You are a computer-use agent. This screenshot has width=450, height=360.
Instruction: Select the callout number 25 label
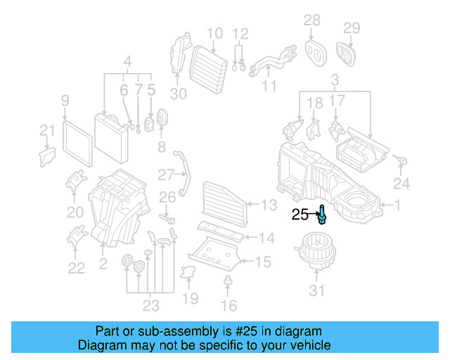point(300,215)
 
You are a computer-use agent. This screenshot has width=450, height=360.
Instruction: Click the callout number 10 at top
point(214,32)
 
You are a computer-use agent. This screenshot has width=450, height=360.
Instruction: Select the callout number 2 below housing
point(103,265)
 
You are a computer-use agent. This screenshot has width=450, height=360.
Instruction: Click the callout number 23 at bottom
point(150,305)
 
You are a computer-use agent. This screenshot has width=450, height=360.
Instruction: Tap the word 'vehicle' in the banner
point(307,345)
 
